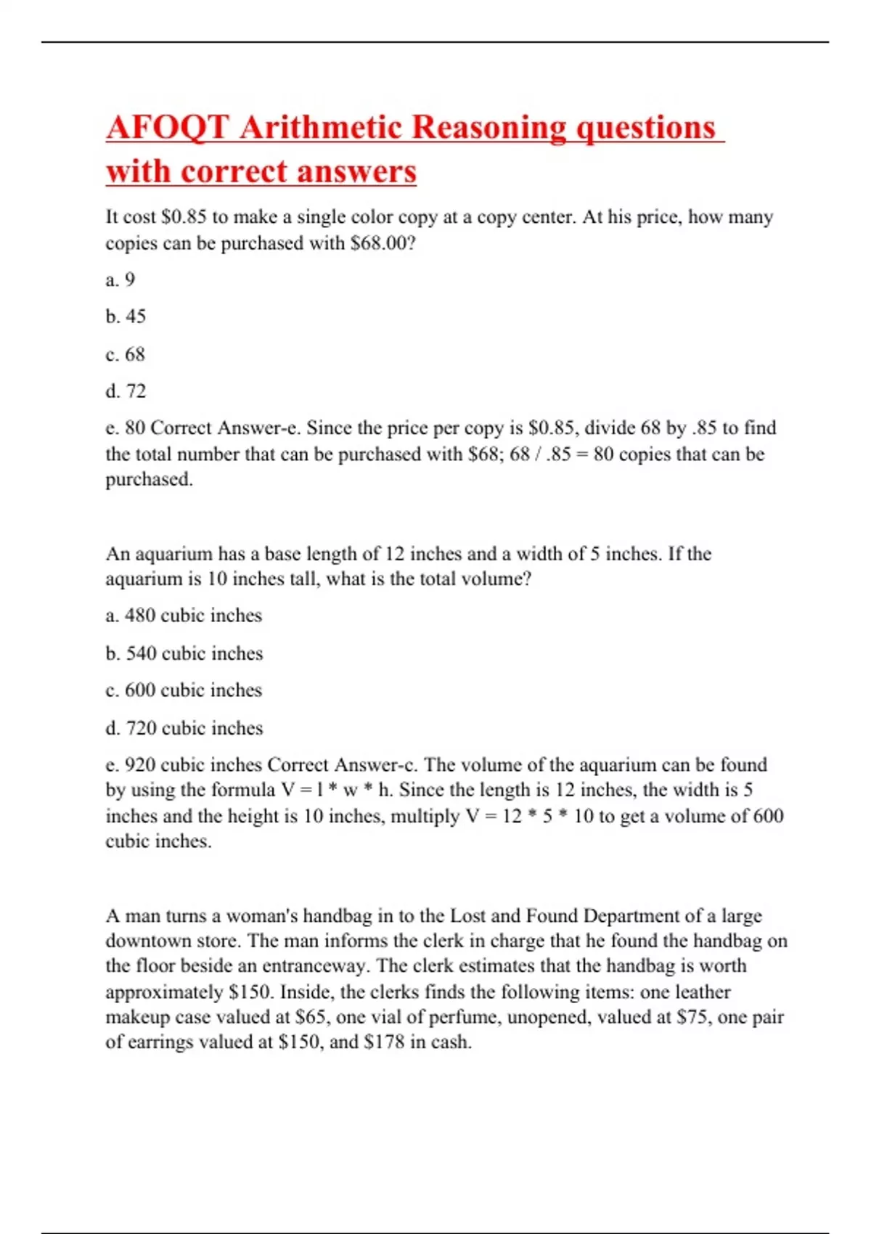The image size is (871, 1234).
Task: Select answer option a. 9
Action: [x=120, y=279]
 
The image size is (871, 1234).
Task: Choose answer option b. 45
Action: [x=126, y=316]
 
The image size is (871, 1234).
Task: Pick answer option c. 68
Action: [x=125, y=354]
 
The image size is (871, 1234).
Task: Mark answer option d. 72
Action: [x=126, y=391]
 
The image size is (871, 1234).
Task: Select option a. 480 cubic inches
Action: [x=184, y=616]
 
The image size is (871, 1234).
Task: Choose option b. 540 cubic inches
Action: [x=184, y=653]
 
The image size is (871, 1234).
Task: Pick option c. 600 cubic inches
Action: [x=184, y=690]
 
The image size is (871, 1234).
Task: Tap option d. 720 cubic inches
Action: [x=184, y=728]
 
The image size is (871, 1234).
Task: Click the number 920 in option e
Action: [x=140, y=765]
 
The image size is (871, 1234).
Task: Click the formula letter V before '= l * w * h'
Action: [x=287, y=790]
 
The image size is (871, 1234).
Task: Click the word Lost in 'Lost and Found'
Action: [x=467, y=916]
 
